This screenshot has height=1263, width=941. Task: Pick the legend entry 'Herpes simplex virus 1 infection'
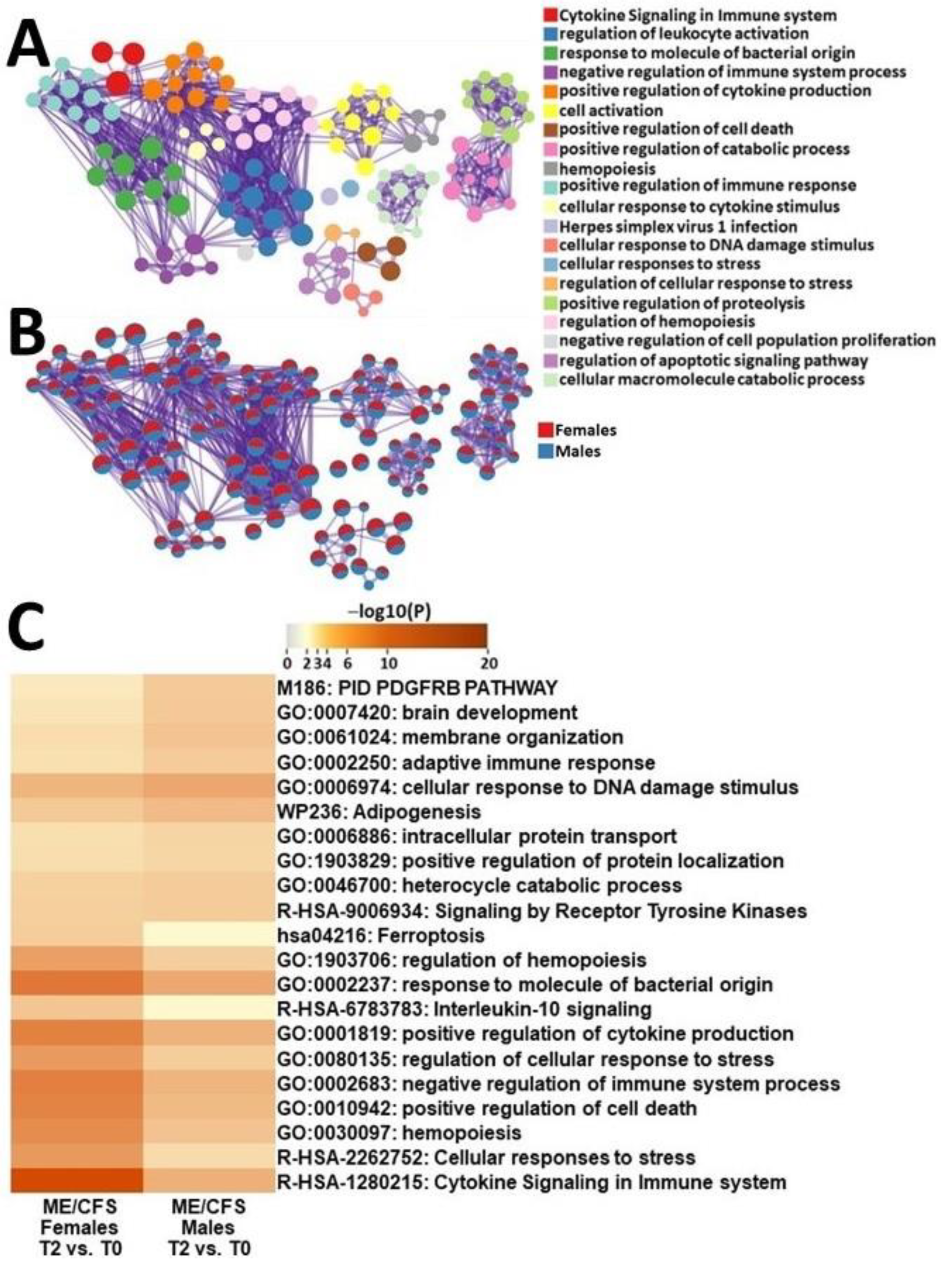click(678, 226)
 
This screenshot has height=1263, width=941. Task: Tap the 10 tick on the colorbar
click(388, 663)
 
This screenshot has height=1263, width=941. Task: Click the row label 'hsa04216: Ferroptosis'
click(381, 935)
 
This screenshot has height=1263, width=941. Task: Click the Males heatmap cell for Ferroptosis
click(208, 935)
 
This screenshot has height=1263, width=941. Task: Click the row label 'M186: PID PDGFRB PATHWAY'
click(416, 688)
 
